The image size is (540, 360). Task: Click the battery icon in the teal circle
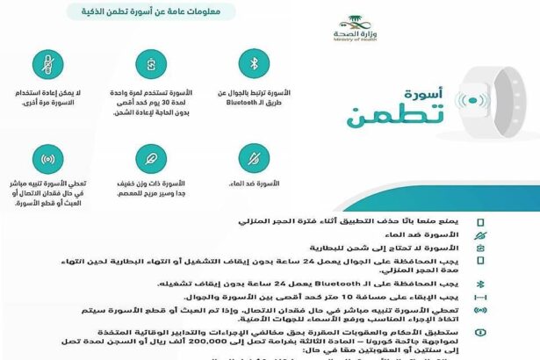tap(150, 64)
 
